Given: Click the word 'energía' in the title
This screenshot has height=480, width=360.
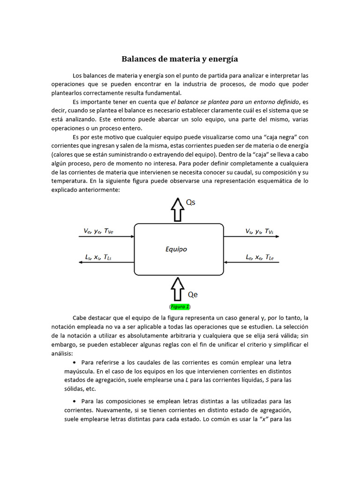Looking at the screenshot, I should (223, 59).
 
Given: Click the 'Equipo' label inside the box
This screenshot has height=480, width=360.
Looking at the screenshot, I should (176, 249).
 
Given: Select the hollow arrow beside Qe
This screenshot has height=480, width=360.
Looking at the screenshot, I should (177, 288).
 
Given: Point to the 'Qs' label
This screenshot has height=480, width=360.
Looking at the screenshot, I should (191, 202).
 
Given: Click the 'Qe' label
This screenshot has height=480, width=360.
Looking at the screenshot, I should (193, 295).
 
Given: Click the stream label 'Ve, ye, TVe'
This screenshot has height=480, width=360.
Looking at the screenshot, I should (98, 231).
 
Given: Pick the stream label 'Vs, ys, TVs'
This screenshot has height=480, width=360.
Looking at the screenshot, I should (259, 231).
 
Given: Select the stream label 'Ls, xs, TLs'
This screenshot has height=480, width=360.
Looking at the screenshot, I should (98, 257).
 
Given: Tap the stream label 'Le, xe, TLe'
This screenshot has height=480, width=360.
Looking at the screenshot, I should (259, 257).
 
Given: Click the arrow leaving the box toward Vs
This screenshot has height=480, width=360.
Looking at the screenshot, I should (252, 237).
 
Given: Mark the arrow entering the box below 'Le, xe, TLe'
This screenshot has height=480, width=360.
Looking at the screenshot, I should (252, 262).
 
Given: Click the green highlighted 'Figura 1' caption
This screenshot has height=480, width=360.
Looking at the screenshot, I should (180, 307).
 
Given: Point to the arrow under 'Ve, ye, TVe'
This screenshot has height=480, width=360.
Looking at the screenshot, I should (106, 237).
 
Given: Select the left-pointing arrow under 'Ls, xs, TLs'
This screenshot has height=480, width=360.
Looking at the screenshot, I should (106, 262).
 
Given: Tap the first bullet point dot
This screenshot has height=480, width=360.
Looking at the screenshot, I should (75, 363).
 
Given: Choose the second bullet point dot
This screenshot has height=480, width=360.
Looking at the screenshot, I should (75, 402).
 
